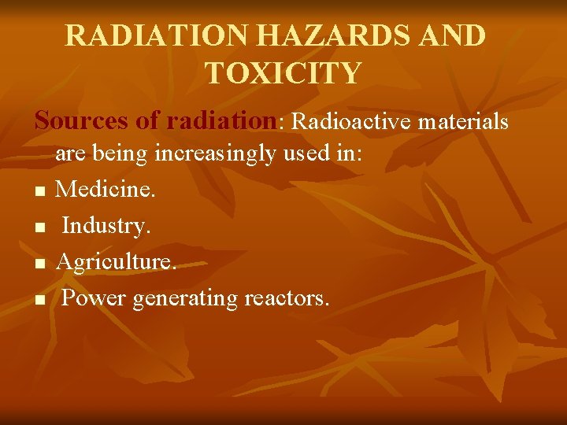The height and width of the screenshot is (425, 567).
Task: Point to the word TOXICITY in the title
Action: click(283, 73)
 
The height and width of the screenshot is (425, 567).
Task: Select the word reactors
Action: click(287, 299)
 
